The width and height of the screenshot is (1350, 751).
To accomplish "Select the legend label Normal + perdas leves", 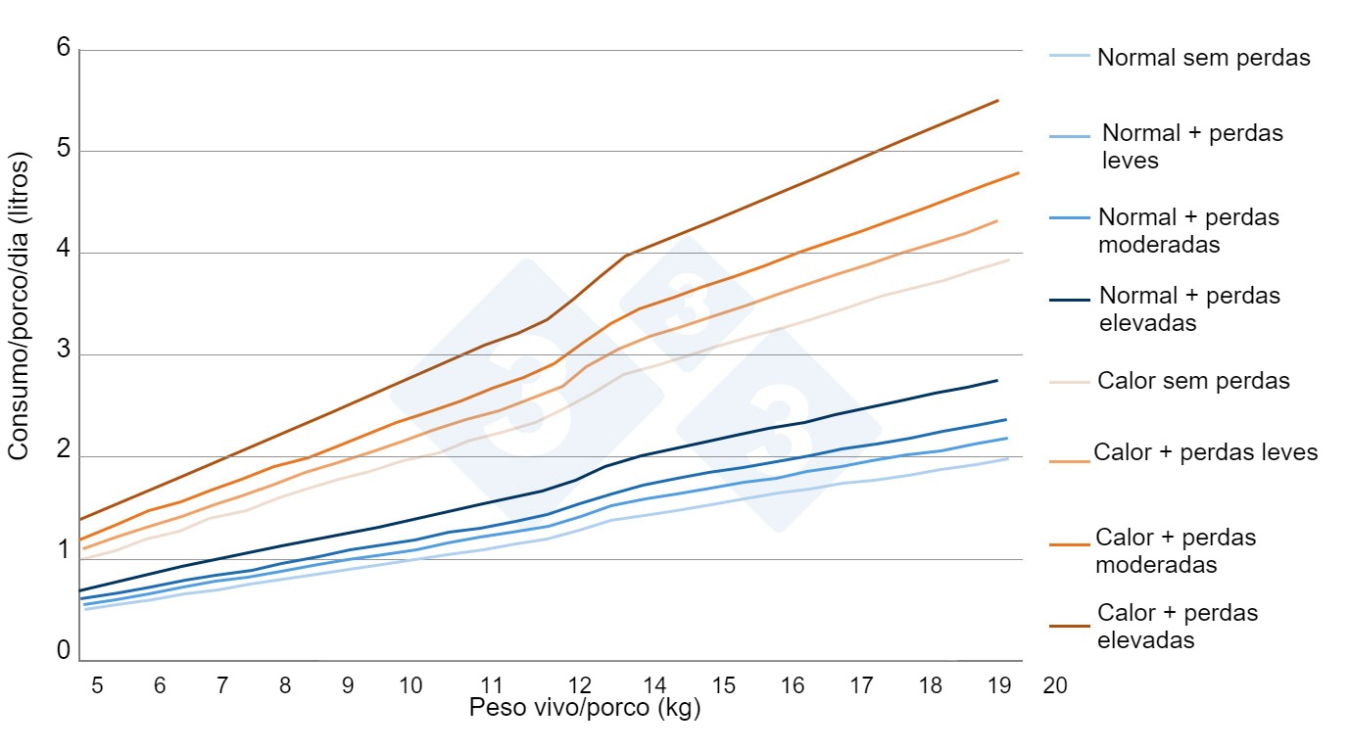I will (1192, 146).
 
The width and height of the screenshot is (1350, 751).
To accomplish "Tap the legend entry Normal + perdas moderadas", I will (1188, 230).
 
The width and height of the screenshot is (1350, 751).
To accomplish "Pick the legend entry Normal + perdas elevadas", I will (1189, 308).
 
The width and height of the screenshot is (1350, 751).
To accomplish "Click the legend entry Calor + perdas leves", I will (1206, 452).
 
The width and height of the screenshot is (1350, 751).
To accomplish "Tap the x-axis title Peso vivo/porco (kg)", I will (585, 708).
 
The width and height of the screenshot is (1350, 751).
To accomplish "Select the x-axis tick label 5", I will (97, 685).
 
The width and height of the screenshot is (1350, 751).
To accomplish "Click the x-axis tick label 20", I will (1055, 685).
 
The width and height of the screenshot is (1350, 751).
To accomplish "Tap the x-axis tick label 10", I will (410, 685).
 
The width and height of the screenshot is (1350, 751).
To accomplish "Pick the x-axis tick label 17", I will (861, 685).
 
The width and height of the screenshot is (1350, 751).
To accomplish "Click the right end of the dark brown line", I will (997, 100).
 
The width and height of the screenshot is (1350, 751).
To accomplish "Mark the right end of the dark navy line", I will (997, 380).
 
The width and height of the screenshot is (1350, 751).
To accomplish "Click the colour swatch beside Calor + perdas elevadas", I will (1070, 626).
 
